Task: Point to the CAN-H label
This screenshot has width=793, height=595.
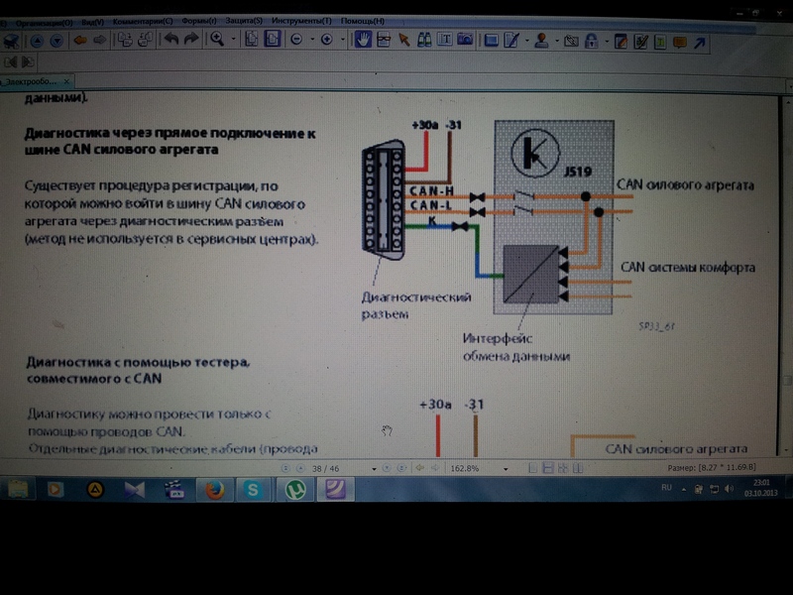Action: pyautogui.click(x=433, y=190)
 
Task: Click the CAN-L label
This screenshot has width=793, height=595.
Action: pyautogui.click(x=433, y=206)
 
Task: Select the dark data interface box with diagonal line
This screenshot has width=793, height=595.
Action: pyautogui.click(x=529, y=273)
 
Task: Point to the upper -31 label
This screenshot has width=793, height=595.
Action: pyautogui.click(x=454, y=125)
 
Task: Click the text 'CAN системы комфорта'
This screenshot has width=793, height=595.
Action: pyautogui.click(x=687, y=268)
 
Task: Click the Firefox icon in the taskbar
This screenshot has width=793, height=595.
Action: pyautogui.click(x=214, y=489)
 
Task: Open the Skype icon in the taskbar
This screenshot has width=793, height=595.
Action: pyautogui.click(x=254, y=489)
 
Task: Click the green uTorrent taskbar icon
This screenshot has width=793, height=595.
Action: pyautogui.click(x=294, y=489)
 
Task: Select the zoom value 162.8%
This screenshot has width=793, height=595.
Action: pyautogui.click(x=465, y=467)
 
